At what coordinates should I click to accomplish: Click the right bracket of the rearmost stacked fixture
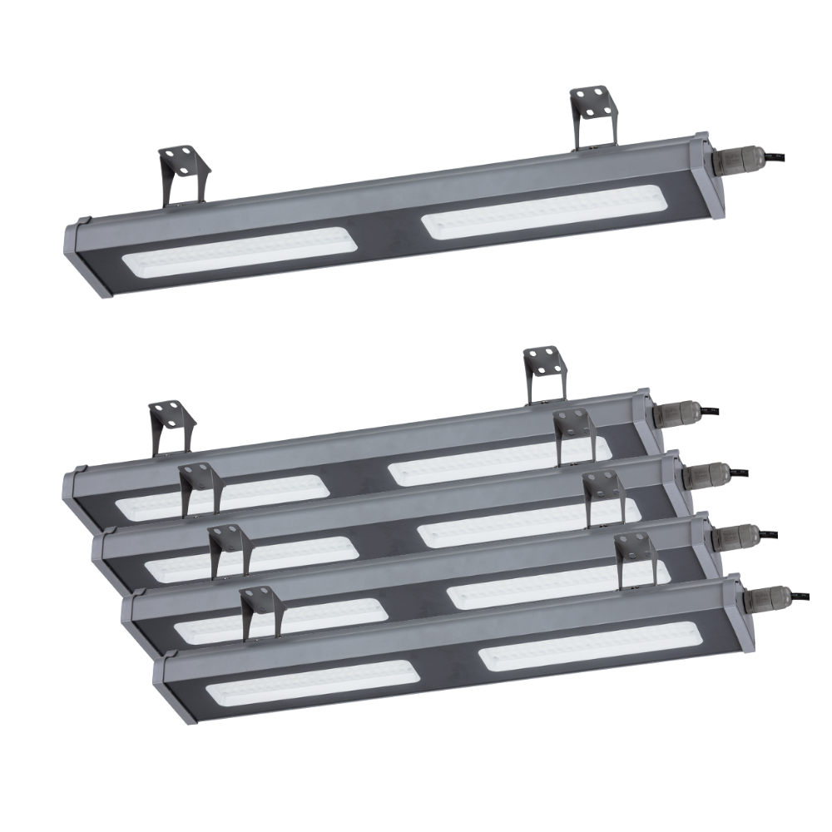(x=544, y=374)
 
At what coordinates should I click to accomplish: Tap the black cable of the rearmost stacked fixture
(x=707, y=410)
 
